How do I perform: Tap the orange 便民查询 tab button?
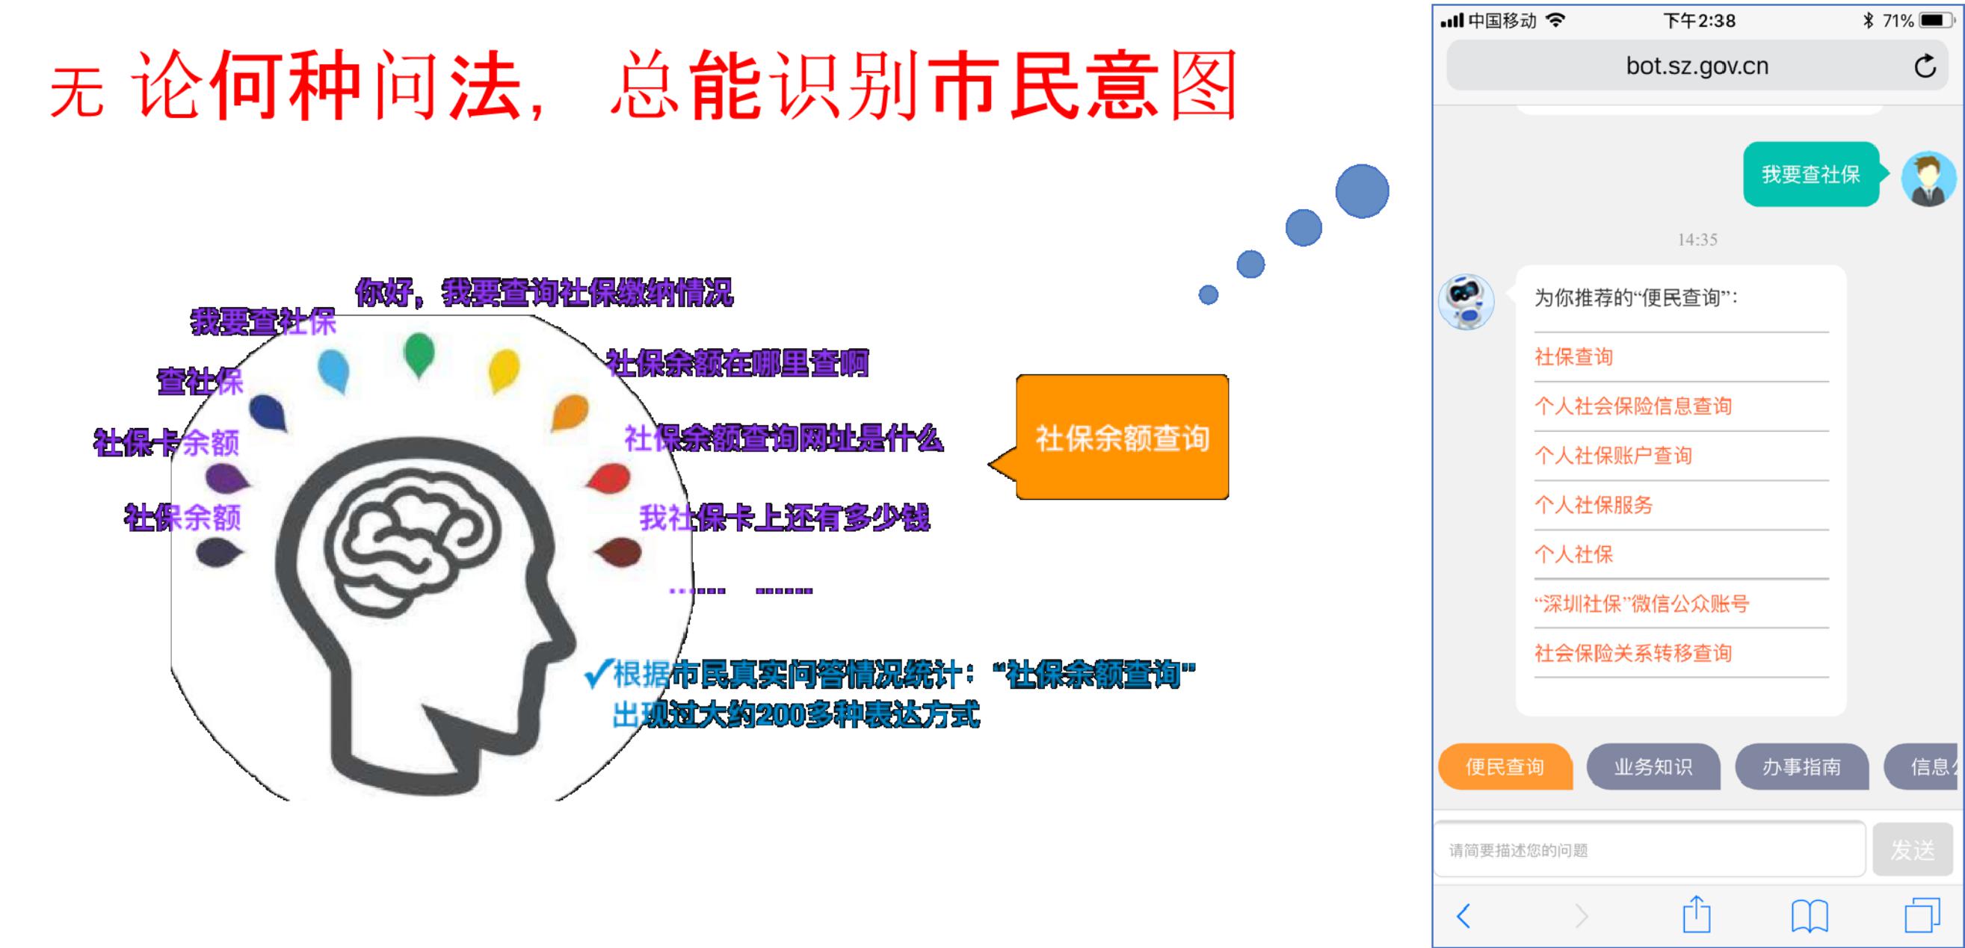click(x=1505, y=766)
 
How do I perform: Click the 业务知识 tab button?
click(x=1653, y=766)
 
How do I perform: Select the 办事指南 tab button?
click(x=1802, y=766)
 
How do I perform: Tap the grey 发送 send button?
click(x=1913, y=849)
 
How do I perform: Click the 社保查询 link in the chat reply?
click(x=1573, y=357)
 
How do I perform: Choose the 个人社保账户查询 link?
click(x=1614, y=455)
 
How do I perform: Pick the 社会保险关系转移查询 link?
click(x=1633, y=653)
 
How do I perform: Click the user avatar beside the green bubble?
click(x=1928, y=179)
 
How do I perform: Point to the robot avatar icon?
click(x=1466, y=302)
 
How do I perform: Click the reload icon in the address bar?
click(x=1925, y=66)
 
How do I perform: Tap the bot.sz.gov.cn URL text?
click(x=1697, y=66)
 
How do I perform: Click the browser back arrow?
click(x=1463, y=915)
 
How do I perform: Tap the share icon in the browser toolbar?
click(x=1697, y=914)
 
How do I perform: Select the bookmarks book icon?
click(x=1810, y=916)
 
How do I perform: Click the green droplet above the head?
click(x=418, y=355)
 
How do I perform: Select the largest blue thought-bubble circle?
click(x=1363, y=191)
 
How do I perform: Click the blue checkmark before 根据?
click(x=598, y=673)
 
